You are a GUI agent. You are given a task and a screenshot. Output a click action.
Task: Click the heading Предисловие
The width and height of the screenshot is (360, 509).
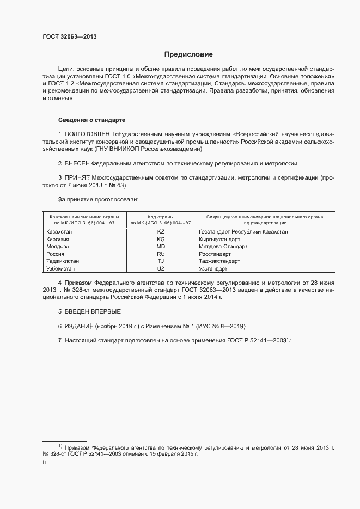(188, 54)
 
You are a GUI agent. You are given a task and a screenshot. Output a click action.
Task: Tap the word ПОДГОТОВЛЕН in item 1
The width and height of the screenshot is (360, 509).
(88, 133)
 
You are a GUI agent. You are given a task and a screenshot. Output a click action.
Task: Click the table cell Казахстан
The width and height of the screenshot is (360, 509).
(60, 232)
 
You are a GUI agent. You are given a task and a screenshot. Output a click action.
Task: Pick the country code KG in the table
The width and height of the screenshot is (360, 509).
(161, 240)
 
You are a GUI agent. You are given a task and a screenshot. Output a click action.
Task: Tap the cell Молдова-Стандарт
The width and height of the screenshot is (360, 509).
(223, 247)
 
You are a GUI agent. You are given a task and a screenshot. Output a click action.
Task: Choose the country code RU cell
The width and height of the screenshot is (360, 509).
(161, 254)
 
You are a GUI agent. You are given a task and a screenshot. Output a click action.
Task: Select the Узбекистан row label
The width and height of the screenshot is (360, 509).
(60, 269)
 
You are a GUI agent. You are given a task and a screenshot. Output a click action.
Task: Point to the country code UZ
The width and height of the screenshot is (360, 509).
(161, 269)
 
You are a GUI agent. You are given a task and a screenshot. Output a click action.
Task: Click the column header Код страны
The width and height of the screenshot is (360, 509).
(161, 217)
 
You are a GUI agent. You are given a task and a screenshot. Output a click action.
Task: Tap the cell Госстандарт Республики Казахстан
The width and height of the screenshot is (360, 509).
(243, 232)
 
